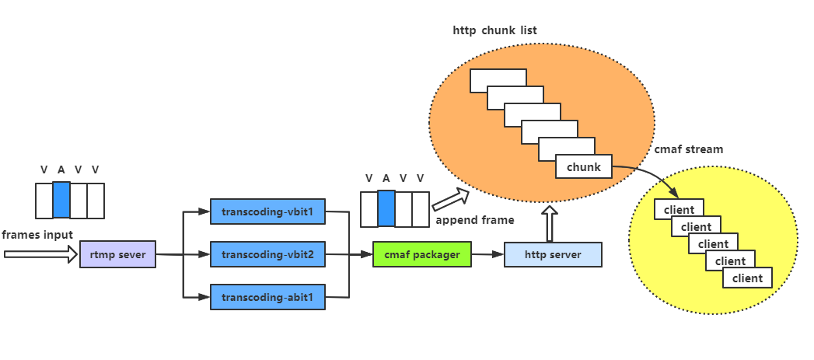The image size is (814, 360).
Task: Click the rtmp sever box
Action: (x=117, y=254)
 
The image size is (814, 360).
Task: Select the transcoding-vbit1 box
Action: (x=267, y=211)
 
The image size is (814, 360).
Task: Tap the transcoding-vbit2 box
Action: (x=267, y=254)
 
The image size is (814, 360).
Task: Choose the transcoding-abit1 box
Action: (x=267, y=297)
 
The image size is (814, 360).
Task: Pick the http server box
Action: (x=552, y=254)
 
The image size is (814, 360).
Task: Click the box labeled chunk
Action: (x=584, y=167)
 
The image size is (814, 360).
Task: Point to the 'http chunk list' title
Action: (x=494, y=31)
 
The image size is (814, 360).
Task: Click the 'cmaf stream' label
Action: (x=688, y=149)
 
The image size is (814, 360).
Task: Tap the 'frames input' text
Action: (x=37, y=235)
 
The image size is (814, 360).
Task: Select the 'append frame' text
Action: (x=474, y=220)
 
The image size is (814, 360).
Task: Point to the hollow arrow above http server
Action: (x=550, y=223)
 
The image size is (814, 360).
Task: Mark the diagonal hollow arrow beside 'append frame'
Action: (x=451, y=199)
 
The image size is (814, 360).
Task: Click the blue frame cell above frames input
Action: (x=61, y=200)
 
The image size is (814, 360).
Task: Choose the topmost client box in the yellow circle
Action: (x=679, y=208)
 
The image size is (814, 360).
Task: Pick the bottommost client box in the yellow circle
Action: (x=747, y=278)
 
